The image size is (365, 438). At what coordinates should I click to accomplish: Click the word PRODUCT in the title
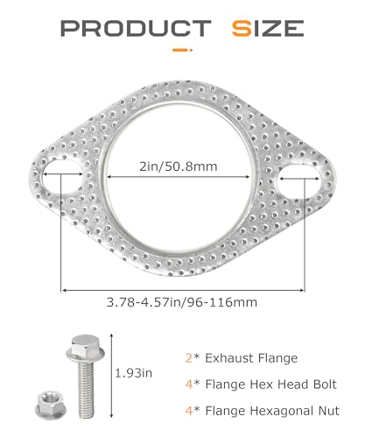click(136, 28)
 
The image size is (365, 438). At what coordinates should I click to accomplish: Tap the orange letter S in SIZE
click(242, 28)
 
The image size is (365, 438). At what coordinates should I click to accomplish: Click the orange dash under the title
click(182, 50)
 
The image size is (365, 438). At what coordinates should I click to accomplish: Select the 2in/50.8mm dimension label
click(179, 166)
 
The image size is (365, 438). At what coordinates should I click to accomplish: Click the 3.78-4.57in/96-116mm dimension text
click(182, 302)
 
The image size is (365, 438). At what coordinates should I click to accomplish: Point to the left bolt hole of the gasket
click(63, 177)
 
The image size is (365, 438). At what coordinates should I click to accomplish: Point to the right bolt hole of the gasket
click(298, 180)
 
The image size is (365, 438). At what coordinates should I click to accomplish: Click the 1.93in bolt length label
click(134, 373)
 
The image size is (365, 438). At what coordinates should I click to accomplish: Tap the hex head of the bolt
click(85, 348)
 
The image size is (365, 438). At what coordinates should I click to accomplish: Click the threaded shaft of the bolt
click(86, 388)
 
